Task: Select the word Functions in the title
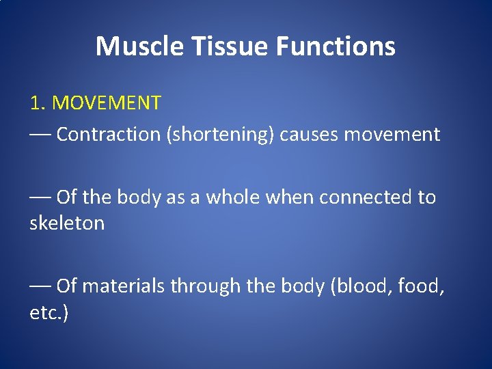click(x=336, y=46)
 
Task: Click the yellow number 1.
click(x=36, y=103)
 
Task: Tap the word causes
click(x=309, y=135)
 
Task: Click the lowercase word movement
click(x=392, y=135)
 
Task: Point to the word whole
click(x=234, y=197)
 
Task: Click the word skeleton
click(x=67, y=223)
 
